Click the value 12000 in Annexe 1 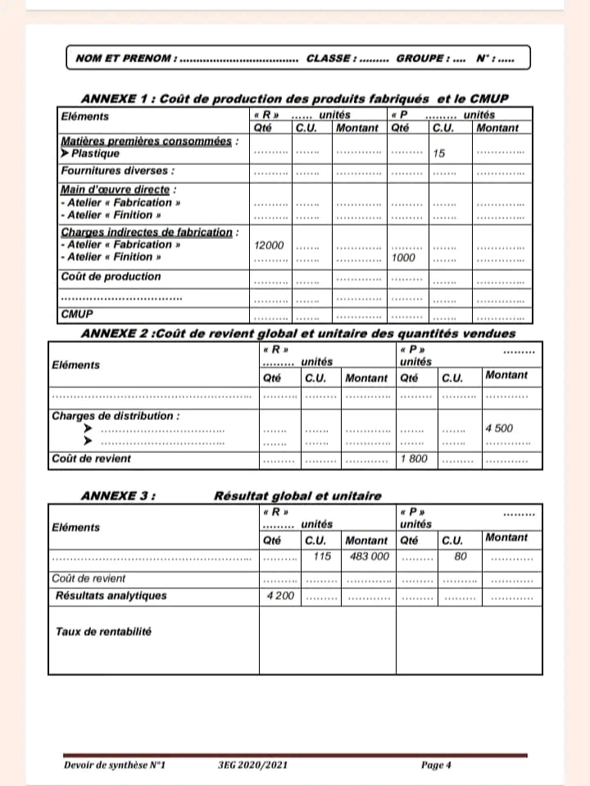[x=269, y=245]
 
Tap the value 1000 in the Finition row [x=404, y=258]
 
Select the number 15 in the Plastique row [x=439, y=153]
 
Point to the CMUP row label [x=77, y=314]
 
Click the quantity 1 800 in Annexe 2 [x=414, y=458]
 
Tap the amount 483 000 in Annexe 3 [x=369, y=555]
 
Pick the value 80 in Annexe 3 [x=461, y=555]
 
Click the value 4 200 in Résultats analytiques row [x=281, y=595]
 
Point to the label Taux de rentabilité [x=104, y=632]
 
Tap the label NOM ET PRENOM [x=125, y=58]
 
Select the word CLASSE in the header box [x=330, y=58]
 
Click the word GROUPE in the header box [x=421, y=58]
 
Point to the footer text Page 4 [x=436, y=765]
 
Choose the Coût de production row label [x=111, y=277]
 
